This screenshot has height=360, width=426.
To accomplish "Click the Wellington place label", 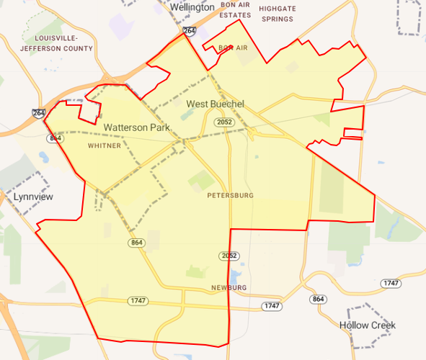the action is coord(192,7).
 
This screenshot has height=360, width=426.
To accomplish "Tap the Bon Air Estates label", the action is coord(235,9).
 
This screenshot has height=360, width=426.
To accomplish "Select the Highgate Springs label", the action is coord(277,14).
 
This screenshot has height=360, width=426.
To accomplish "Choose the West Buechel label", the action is coord(216,104).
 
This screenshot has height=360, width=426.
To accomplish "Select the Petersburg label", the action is coord(230,196).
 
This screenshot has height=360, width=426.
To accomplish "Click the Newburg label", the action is coord(229,288).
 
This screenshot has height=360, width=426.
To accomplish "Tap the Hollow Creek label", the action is coord(368,325).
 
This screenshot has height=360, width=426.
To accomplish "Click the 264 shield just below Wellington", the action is coord(190,32).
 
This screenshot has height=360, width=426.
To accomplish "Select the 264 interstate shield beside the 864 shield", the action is coord(37,114).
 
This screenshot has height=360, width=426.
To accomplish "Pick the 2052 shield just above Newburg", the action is coord(228,256).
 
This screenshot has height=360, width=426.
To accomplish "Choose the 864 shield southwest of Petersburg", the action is coord(138,243).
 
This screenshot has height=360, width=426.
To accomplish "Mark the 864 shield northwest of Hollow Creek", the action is coord(318,299).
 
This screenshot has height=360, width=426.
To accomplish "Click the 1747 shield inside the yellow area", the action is coord(137,300).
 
